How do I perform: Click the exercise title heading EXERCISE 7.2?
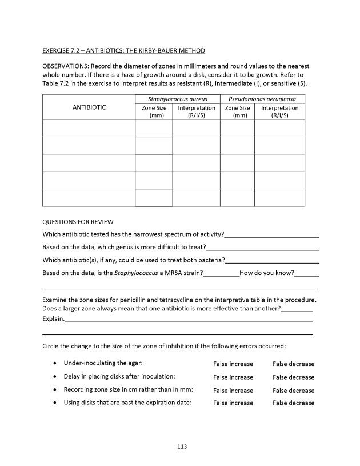(124, 51)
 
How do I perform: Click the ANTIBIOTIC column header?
(89, 107)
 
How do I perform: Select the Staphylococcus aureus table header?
(177, 99)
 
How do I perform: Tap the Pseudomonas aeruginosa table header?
(262, 99)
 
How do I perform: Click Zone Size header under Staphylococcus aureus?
(154, 111)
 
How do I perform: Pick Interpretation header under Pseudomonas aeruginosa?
(279, 111)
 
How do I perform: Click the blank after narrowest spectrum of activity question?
(272, 234)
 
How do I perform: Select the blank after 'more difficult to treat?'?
(262, 248)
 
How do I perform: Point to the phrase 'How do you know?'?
(267, 273)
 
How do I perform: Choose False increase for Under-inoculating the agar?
(233, 364)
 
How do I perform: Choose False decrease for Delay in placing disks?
(293, 377)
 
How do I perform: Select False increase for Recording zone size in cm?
(233, 391)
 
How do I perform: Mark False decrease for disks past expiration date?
(293, 403)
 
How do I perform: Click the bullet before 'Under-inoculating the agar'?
(54, 364)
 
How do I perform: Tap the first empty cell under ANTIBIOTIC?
(89, 128)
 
